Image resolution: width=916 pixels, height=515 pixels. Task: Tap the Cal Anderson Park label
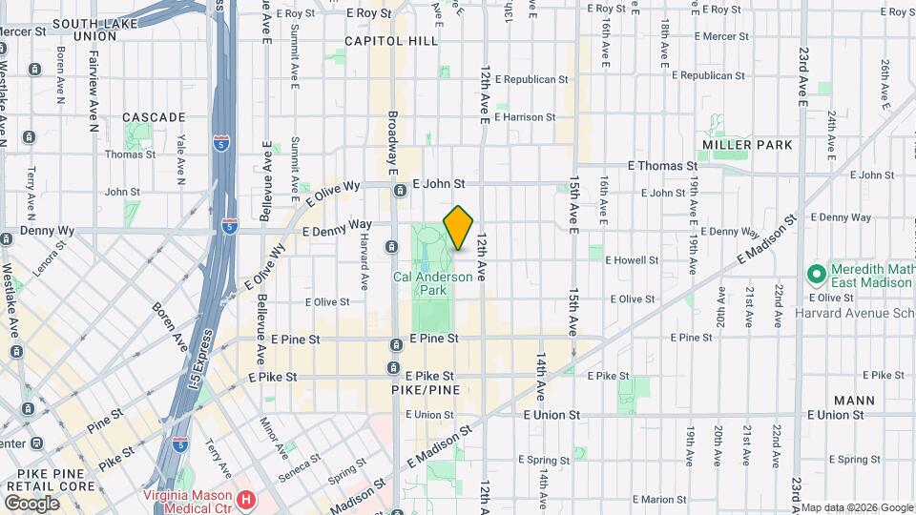point(432,283)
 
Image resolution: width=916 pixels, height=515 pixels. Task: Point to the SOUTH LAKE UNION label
point(86,30)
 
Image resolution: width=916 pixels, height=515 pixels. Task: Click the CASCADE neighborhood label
point(154,117)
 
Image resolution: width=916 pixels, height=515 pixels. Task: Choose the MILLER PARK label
point(747,145)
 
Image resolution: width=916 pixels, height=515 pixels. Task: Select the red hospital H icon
point(246,498)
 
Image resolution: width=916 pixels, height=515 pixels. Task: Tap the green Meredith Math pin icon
point(816,276)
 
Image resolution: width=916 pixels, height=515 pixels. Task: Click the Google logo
point(32,502)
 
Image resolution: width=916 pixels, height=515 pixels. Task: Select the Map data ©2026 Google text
point(855,507)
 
